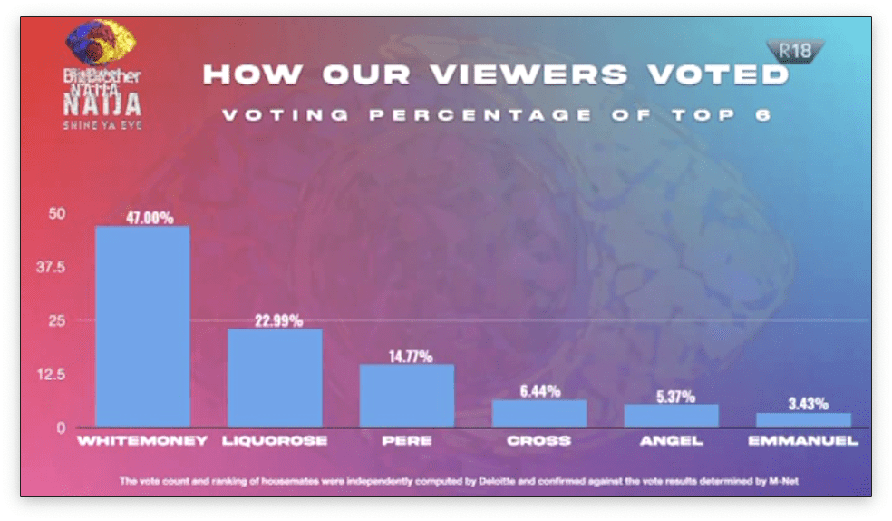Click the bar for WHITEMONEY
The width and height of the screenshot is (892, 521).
click(x=142, y=326)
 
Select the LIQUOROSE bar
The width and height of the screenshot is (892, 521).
click(x=274, y=378)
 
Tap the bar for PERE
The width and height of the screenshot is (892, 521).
click(x=406, y=395)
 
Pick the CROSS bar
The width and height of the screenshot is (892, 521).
click(x=538, y=413)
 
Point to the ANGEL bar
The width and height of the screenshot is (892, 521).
click(x=671, y=416)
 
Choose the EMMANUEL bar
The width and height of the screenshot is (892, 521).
click(x=803, y=419)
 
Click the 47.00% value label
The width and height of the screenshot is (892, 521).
click(x=142, y=218)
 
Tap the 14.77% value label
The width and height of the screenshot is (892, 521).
click(x=406, y=356)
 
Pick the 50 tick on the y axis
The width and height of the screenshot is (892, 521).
click(x=57, y=214)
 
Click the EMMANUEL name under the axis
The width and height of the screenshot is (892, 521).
click(x=803, y=442)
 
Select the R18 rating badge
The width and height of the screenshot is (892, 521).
click(x=793, y=51)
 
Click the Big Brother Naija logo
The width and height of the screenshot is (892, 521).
click(x=102, y=78)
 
